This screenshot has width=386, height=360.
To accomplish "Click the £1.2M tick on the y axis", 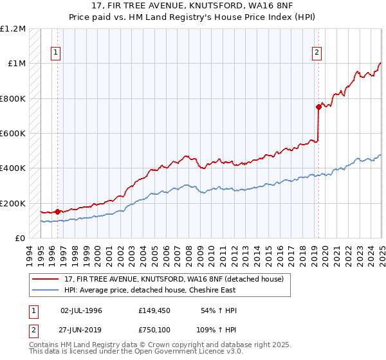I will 13,29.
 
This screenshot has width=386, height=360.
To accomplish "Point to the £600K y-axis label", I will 13,134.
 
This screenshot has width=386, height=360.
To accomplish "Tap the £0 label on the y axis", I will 20,239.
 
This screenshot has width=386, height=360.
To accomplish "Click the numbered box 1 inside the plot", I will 55,53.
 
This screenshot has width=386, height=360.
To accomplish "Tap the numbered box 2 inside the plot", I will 317,53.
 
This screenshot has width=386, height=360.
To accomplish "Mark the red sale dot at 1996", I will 57,212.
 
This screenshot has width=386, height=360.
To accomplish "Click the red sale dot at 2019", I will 318,107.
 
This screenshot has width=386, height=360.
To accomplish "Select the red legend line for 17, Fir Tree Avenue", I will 46,278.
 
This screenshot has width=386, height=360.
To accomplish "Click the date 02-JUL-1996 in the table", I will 81,310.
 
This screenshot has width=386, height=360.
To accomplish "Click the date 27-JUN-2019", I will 81,331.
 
